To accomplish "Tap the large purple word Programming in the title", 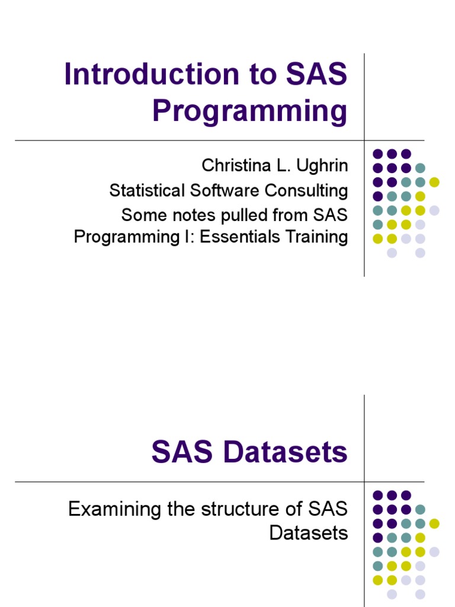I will [x=249, y=112].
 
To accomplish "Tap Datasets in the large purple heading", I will [x=283, y=453].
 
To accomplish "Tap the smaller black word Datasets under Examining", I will [x=309, y=532].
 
